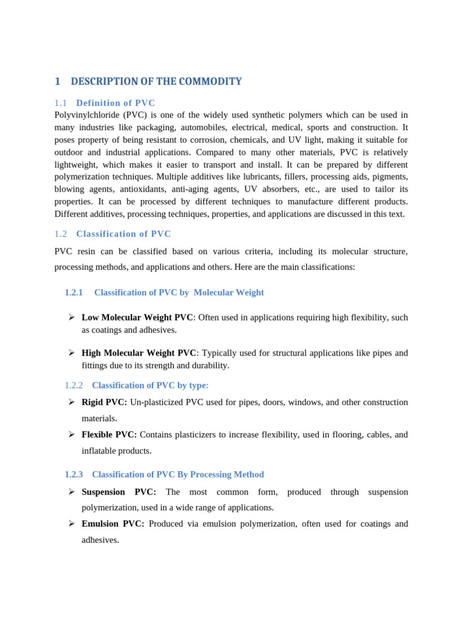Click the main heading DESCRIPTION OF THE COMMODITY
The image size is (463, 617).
click(156, 81)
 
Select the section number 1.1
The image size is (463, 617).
click(60, 103)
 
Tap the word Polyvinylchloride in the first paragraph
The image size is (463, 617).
click(87, 115)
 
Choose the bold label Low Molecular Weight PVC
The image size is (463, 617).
click(137, 317)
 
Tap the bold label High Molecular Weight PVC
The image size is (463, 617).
click(139, 353)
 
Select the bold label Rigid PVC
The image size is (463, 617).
click(104, 402)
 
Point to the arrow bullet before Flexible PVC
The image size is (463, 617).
click(71, 434)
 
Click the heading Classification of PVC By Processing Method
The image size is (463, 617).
click(178, 474)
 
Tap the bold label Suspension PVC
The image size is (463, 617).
click(119, 492)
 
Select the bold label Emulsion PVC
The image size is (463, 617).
click(113, 524)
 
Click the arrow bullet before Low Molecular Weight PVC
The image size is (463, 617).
click(71, 317)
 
